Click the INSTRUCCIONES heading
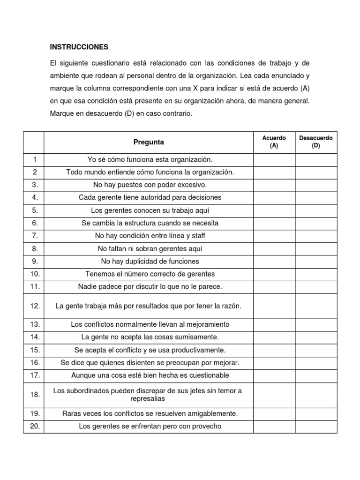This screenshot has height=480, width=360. point(79,47)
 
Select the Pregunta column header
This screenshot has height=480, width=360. point(149,142)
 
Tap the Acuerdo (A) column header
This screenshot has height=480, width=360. point(274,142)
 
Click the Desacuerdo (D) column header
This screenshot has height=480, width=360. point(315,142)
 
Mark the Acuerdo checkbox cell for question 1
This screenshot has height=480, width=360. point(274,159)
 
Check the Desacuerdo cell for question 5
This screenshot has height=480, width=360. point(315,210)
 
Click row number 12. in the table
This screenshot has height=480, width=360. point(35,306)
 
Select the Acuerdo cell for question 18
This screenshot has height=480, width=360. point(274,395)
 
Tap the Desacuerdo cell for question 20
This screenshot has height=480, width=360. point(315,426)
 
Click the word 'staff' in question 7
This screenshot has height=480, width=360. point(196,236)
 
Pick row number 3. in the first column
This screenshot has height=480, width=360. point(35,185)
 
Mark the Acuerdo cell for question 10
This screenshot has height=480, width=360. point(274,274)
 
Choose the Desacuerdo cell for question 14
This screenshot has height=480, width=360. point(315,337)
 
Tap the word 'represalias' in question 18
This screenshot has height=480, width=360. point(148,399)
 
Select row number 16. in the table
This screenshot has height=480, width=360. point(35,362)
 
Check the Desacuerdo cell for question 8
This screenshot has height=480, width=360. point(315,248)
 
